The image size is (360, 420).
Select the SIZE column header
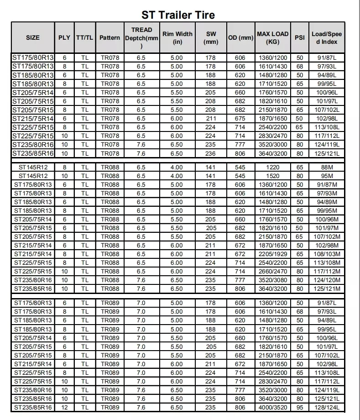point(32,37)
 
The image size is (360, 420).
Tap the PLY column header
point(64,37)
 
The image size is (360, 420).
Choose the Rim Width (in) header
point(177,37)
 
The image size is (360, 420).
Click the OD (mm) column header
point(240,37)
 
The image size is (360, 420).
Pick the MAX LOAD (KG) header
point(272,37)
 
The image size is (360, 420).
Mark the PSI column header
point(300,37)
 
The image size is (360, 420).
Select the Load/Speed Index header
point(327,37)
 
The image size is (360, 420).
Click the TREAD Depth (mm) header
point(141,37)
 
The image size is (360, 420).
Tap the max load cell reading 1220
point(272,168)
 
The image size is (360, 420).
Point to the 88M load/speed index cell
point(327,168)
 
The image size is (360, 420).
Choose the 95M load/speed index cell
point(327,176)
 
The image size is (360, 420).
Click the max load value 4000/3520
point(272,408)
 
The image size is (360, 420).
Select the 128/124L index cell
point(327,408)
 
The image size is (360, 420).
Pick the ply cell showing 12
point(64,408)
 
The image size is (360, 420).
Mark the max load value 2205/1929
point(272,254)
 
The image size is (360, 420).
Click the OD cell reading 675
point(240,119)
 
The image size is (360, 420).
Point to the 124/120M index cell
point(327,280)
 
